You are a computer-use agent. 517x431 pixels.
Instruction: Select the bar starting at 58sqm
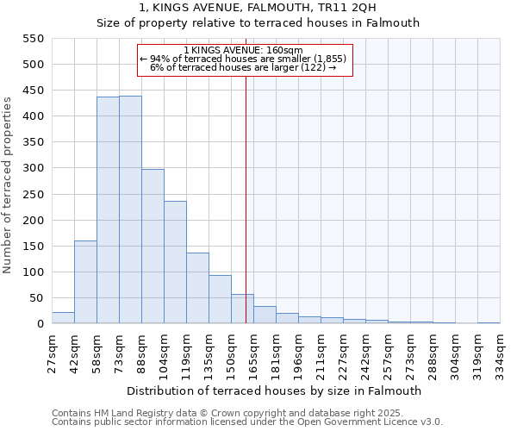(108, 210)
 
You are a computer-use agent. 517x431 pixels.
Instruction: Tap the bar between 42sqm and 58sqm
(85, 282)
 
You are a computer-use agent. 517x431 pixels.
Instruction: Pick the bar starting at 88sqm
(153, 247)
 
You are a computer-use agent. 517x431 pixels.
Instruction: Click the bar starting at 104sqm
(175, 262)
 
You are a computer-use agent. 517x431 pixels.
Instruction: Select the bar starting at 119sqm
(197, 288)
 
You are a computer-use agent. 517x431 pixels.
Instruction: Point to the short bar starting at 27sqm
(63, 318)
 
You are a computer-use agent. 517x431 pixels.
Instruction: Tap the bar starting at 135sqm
(220, 299)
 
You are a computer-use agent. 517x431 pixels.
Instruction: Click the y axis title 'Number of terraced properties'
(8, 185)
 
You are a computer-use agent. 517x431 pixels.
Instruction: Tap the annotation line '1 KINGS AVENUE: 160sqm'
(244, 50)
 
